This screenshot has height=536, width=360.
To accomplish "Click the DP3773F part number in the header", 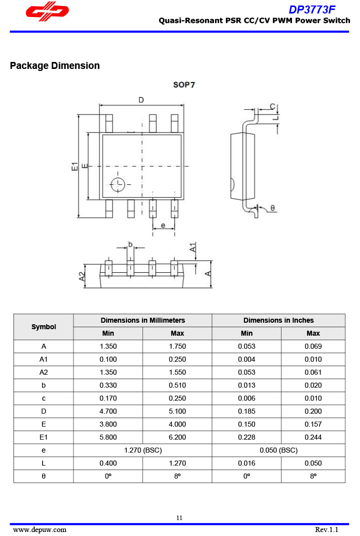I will tap(312, 9).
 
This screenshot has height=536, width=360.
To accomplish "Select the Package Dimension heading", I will tap(54, 65).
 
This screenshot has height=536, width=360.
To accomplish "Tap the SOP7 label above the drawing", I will tap(184, 85).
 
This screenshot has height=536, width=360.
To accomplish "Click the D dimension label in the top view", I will tap(141, 100).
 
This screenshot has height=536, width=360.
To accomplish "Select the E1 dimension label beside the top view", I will tap(74, 166).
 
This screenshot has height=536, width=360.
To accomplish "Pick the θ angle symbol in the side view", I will tap(272, 207).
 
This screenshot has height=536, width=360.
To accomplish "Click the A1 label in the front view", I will tap(193, 247).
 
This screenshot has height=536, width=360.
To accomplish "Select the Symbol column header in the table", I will tap(43, 327).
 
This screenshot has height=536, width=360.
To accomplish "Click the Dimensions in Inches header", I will tap(278, 320).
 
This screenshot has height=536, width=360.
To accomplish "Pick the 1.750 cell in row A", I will tap(177, 346).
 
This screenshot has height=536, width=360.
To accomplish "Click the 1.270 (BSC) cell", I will tap(142, 450).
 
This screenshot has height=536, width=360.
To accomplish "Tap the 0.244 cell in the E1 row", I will tap(313, 437).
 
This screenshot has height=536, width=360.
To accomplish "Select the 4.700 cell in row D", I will tap(108, 411).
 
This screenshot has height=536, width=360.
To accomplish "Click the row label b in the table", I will tap(43, 385).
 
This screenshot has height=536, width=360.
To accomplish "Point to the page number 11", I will tap(179, 518).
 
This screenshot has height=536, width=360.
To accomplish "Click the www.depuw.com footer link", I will tap(39, 530).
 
